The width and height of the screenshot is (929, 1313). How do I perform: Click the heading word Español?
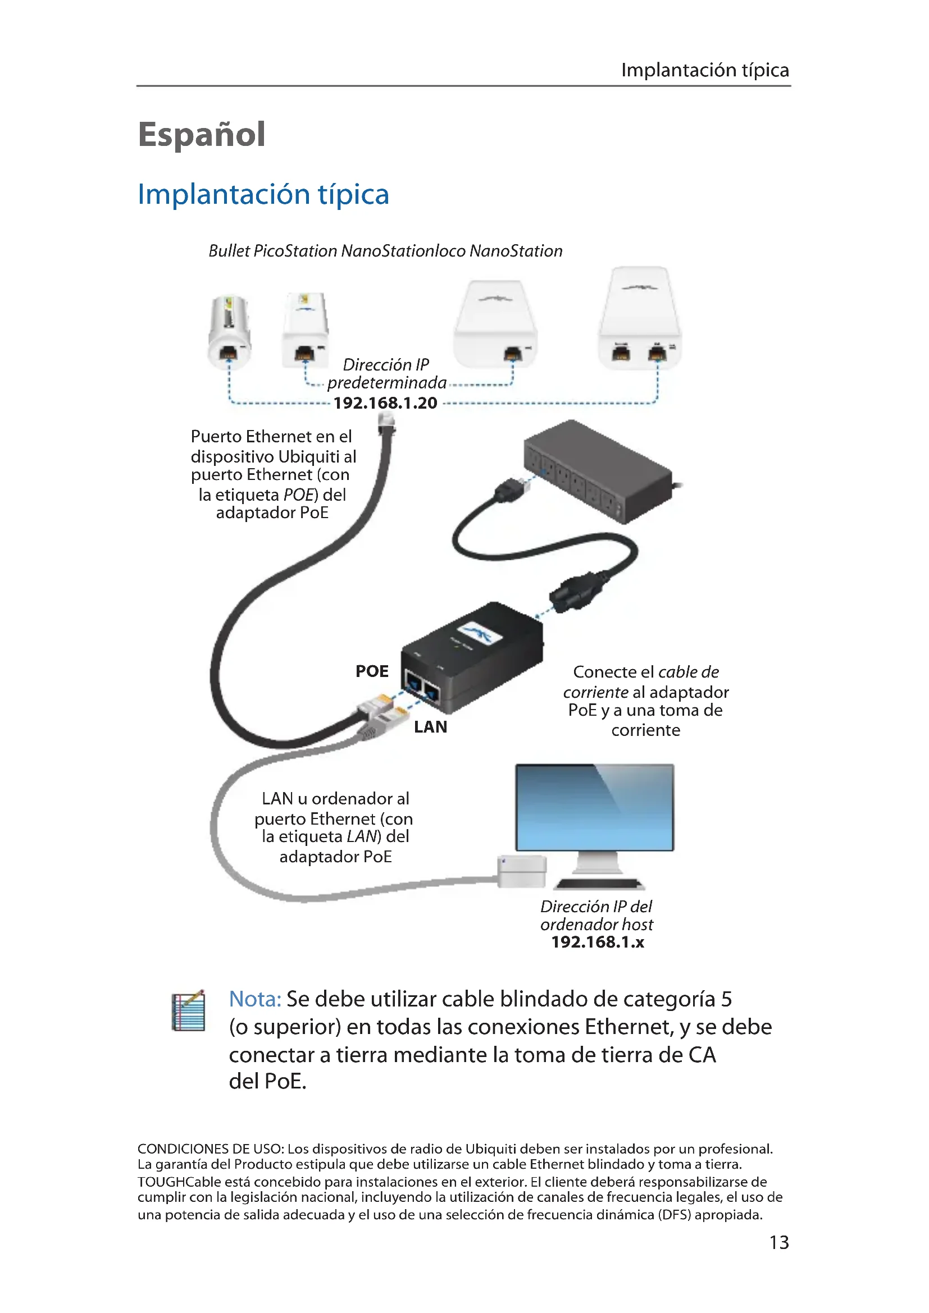[202, 135]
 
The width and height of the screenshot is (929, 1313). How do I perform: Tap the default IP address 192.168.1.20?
[385, 403]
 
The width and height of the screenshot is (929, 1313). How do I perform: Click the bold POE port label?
[372, 671]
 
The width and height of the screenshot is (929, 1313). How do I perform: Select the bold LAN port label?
[430, 727]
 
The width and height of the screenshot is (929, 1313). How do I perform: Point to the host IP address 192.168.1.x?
[597, 942]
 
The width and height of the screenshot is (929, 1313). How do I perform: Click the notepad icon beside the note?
[189, 1010]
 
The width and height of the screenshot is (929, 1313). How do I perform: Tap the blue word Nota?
[254, 999]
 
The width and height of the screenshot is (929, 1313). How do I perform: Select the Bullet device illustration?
[229, 331]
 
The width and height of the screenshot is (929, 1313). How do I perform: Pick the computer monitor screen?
[594, 807]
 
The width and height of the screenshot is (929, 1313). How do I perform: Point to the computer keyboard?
[599, 884]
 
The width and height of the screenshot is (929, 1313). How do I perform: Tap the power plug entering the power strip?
[511, 490]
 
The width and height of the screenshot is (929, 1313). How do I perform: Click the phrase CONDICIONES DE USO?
[210, 1149]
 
